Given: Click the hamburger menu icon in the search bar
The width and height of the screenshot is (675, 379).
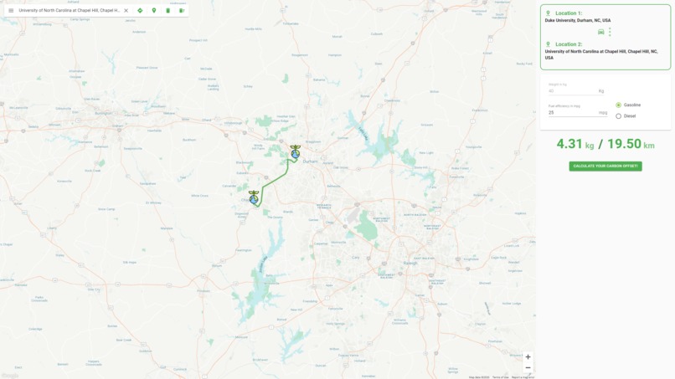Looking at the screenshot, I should pyautogui.click(x=11, y=11).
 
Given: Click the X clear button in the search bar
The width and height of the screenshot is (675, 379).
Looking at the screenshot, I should pyautogui.click(x=126, y=11).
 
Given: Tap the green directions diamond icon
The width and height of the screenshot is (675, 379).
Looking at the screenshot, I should pyautogui.click(x=140, y=11).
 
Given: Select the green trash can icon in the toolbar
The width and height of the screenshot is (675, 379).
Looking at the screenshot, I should pyautogui.click(x=167, y=11).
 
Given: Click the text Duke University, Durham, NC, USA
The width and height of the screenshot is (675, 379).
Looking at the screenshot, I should pyautogui.click(x=578, y=20).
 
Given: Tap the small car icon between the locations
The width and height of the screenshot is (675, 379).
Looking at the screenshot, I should pyautogui.click(x=600, y=32).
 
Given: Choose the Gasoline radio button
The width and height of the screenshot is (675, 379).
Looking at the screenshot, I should pyautogui.click(x=618, y=105).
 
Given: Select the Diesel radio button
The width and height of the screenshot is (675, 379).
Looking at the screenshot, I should pyautogui.click(x=618, y=116).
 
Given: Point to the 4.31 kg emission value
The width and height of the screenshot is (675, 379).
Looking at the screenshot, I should pyautogui.click(x=575, y=145).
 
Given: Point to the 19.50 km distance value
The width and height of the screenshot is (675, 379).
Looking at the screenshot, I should pyautogui.click(x=630, y=145).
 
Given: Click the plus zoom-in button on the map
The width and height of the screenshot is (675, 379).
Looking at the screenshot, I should pyautogui.click(x=528, y=357).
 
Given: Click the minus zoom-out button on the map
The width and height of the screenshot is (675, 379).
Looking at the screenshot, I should pyautogui.click(x=528, y=368).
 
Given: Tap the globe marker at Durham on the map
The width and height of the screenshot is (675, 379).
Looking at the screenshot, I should pyautogui.click(x=296, y=153).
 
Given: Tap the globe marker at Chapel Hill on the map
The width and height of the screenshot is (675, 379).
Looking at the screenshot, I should pyautogui.click(x=254, y=198).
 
